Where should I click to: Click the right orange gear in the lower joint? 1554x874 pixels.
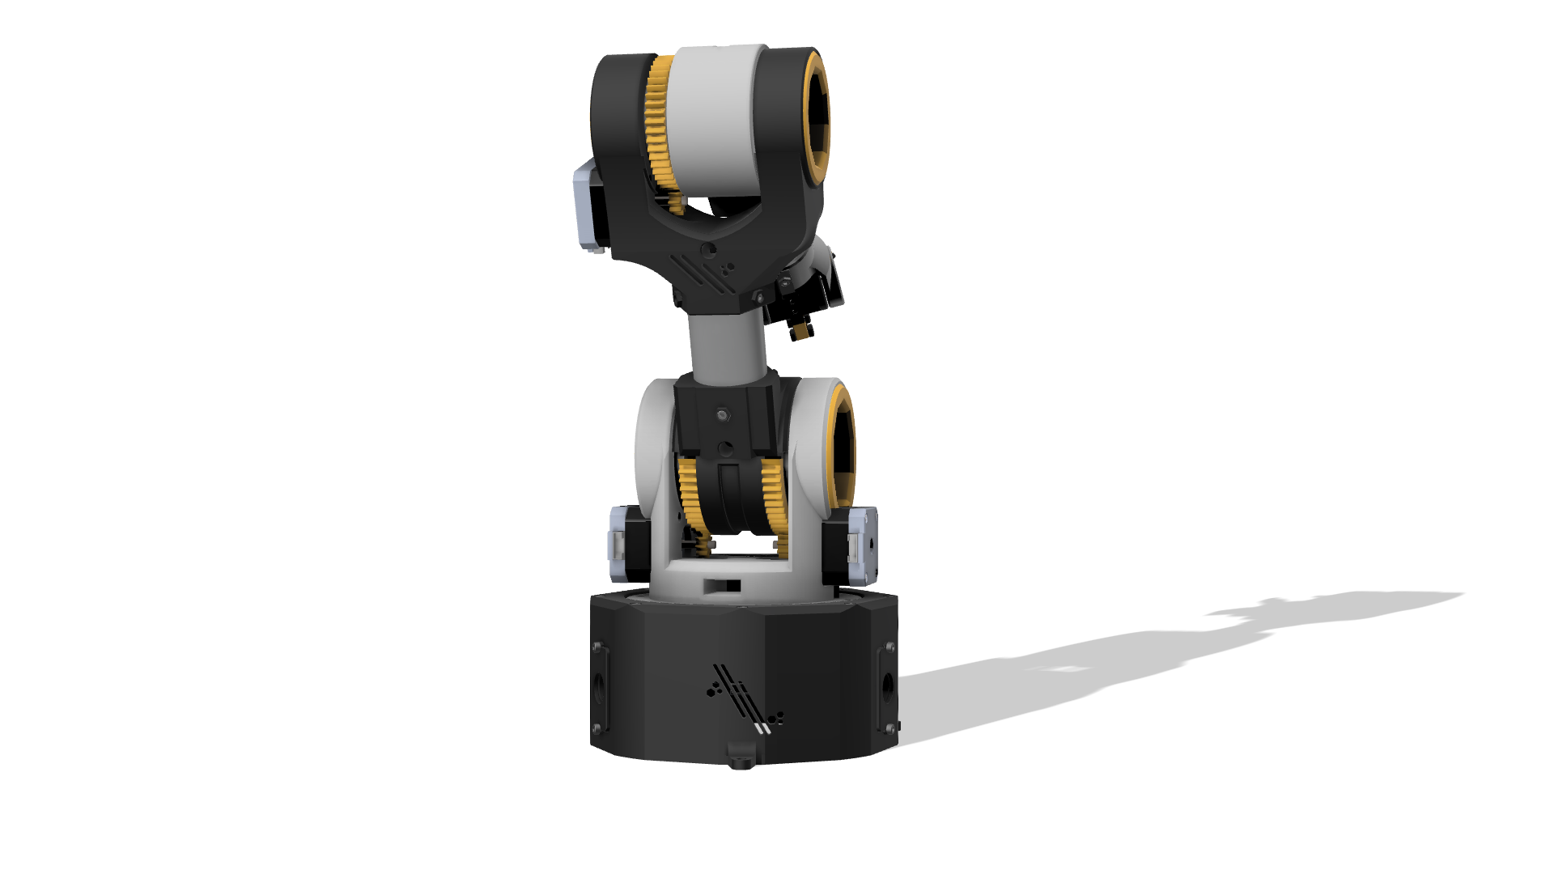[773, 502]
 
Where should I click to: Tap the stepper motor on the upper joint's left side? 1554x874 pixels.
[588, 206]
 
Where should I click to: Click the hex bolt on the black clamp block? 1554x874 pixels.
[723, 416]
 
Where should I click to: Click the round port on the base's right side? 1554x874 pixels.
[887, 687]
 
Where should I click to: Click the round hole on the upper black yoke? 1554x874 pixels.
[708, 250]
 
